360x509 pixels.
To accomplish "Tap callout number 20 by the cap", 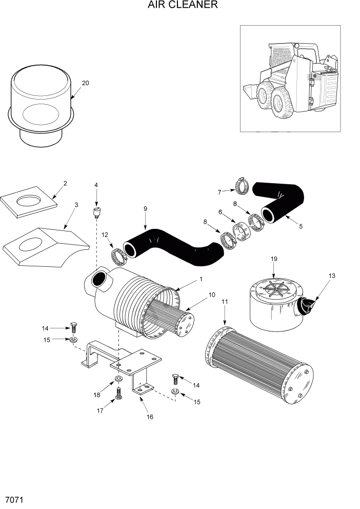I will pos(85,83).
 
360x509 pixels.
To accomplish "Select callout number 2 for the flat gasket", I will pos(65,183).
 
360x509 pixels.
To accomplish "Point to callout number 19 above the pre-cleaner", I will pos(274,259).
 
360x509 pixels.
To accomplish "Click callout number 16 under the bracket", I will pos(150,417).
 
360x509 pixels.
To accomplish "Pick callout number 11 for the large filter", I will pos(224,302).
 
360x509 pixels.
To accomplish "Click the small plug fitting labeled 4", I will pos(96,211).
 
